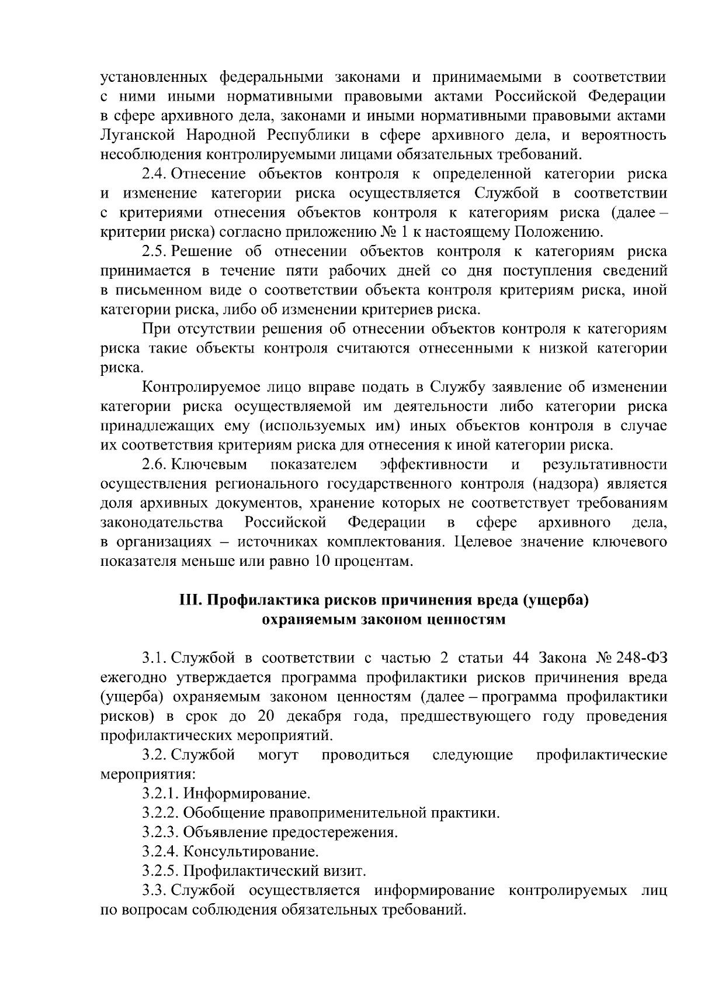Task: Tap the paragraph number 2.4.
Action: (x=155, y=174)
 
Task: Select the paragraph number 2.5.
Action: (x=155, y=251)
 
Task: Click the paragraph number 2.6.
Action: (x=155, y=464)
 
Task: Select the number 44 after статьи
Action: (x=520, y=658)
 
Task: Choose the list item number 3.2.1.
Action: (x=161, y=793)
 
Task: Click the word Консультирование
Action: (x=251, y=851)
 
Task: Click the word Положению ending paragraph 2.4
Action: (x=558, y=232)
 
